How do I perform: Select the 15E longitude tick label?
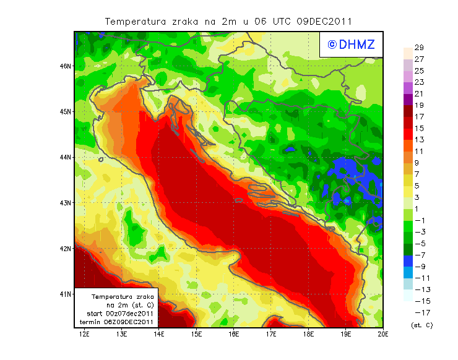(197, 334)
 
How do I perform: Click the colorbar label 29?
(419, 48)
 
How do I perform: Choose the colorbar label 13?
(419, 140)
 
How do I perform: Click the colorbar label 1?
(419, 208)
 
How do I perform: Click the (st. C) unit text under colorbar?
(421, 325)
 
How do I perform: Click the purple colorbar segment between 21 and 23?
(407, 88)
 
